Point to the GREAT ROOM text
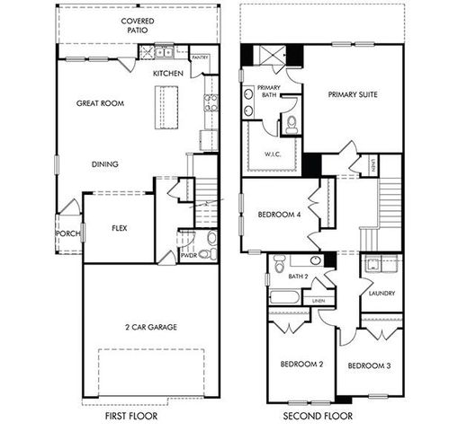(x=100, y=103)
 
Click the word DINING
(x=106, y=164)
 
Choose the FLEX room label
(x=119, y=228)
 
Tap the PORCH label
(x=68, y=233)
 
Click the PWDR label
(x=189, y=255)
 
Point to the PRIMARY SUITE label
(x=352, y=94)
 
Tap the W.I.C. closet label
(x=274, y=153)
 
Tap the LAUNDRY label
(x=382, y=293)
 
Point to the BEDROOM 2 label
(x=301, y=365)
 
